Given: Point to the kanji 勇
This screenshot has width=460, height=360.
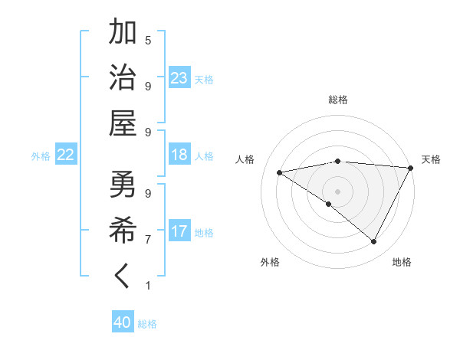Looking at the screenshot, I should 123,184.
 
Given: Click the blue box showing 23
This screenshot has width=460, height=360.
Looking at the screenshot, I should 179,78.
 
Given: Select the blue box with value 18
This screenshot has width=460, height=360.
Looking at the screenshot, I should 179,155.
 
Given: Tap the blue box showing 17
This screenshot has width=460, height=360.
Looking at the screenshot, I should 179,231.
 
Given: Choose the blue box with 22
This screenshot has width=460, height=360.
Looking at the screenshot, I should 65,155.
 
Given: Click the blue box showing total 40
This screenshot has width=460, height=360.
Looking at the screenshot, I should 123,322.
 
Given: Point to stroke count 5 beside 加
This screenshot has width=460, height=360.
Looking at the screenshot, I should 148,40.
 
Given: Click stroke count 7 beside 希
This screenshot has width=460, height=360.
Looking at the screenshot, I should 148,240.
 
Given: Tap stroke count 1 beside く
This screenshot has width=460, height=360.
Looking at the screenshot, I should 148,286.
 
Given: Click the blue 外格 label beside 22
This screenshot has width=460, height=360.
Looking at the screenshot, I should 41,156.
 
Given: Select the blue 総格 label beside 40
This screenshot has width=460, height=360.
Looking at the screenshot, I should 147,324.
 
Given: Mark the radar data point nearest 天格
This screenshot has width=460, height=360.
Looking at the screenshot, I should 411,169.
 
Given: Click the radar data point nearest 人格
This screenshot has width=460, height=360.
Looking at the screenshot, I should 280,172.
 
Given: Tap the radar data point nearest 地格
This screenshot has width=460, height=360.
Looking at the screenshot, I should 374,242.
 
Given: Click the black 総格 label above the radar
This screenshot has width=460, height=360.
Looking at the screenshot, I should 338,100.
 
